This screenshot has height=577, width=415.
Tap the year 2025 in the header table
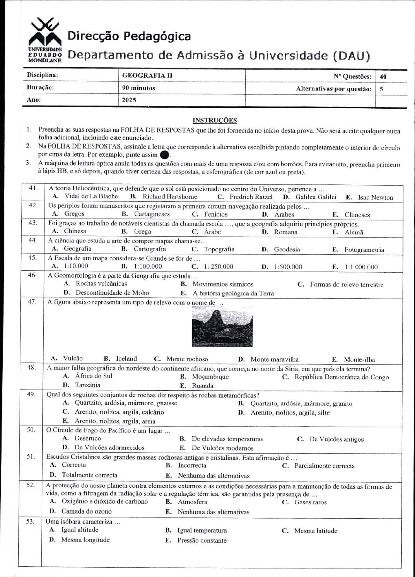(129, 100)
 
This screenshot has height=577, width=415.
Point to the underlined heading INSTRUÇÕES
(215, 120)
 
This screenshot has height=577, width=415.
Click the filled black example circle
(164, 155)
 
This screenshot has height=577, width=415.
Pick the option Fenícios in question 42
(215, 214)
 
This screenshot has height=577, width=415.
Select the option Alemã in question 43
(354, 232)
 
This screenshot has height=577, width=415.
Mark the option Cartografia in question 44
(150, 249)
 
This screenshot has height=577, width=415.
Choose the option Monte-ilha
(359, 359)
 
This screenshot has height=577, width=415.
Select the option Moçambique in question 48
(210, 376)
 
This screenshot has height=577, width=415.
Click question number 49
(31, 394)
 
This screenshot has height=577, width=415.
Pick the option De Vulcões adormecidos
(109, 448)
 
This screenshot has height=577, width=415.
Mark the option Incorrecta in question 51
(192, 465)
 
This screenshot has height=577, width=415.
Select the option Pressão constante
(202, 540)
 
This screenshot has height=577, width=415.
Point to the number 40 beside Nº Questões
(383, 77)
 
